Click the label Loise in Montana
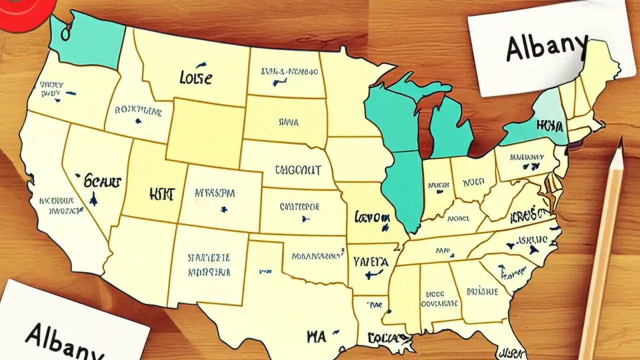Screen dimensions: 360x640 coord(195,78)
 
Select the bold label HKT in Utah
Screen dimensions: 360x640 coord(161,194)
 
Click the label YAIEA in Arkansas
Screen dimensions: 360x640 coord(370,261)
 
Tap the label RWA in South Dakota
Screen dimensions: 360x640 coord(288,121)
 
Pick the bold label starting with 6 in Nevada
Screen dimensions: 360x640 coord(102,180)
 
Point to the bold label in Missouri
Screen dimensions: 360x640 coord(372,217)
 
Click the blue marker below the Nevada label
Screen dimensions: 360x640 coord(93,200)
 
